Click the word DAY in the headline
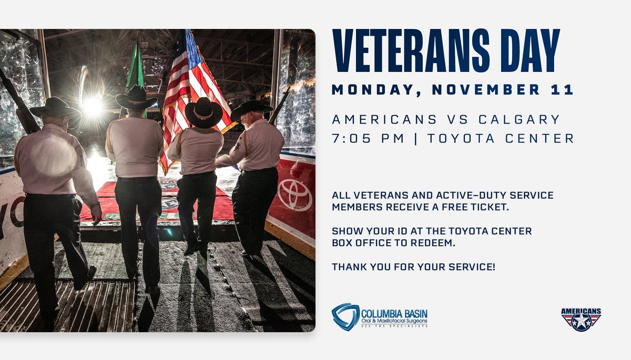tap(526, 52)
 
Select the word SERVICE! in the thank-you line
tap(470, 267)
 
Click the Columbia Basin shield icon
tap(345, 316)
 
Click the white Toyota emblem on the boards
tap(294, 194)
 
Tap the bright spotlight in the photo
tap(93, 107)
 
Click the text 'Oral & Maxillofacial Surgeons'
tap(393, 320)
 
